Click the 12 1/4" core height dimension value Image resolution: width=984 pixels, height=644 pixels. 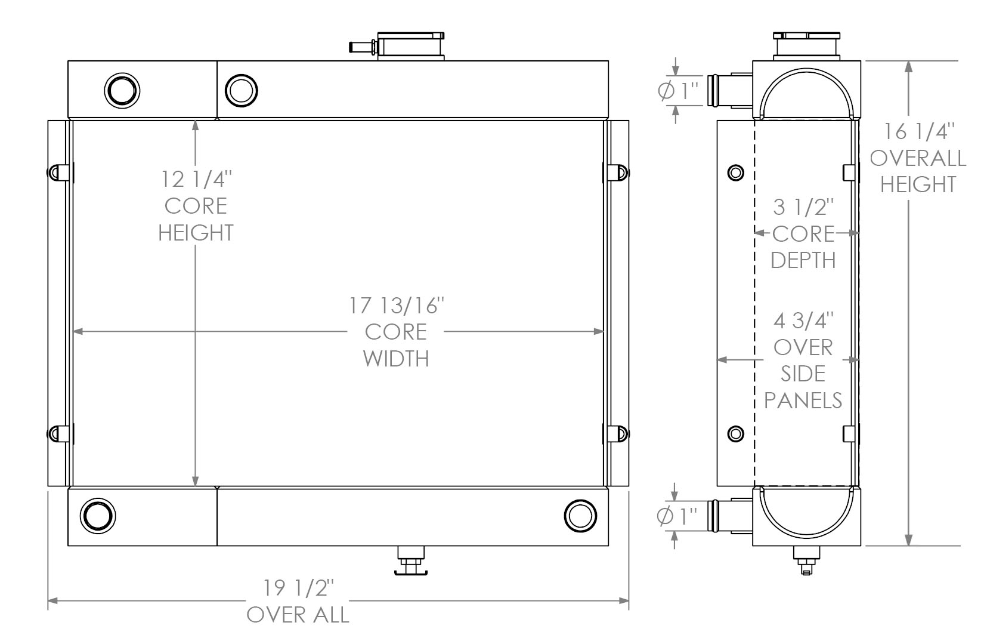pyautogui.click(x=196, y=179)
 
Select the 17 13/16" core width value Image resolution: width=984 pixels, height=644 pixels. pyautogui.click(x=397, y=306)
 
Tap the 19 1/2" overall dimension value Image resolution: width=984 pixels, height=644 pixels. pyautogui.click(x=298, y=588)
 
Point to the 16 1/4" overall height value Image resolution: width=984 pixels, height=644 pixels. pyautogui.click(x=918, y=131)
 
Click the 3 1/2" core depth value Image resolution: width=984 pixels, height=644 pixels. pyautogui.click(x=803, y=207)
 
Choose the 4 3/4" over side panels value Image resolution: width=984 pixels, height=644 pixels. pyautogui.click(x=803, y=321)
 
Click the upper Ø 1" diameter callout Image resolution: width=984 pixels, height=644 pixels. pyautogui.click(x=679, y=91)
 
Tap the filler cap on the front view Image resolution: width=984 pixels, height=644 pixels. pyautogui.click(x=411, y=45)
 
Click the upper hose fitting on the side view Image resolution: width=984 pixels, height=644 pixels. pyautogui.click(x=719, y=90)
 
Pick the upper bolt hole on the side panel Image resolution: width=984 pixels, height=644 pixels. pyautogui.click(x=736, y=173)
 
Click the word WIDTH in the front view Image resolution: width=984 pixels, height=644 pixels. pyautogui.click(x=396, y=359)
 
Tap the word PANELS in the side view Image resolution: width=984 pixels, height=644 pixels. pyautogui.click(x=803, y=400)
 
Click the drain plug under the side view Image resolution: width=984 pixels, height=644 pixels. pyautogui.click(x=806, y=562)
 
